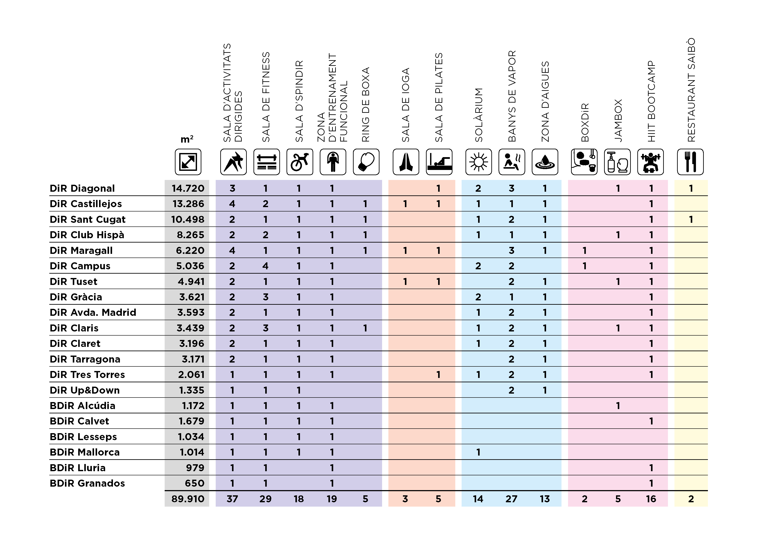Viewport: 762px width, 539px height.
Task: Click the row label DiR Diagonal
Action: pyautogui.click(x=82, y=188)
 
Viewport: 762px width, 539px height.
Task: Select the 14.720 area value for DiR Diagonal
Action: pyautogui.click(x=188, y=188)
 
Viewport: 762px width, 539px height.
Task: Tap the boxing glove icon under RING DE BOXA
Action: pyautogui.click(x=366, y=162)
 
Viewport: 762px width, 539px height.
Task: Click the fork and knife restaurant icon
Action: pyautogui.click(x=690, y=162)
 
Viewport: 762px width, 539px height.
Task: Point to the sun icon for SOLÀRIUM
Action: pyautogui.click(x=479, y=162)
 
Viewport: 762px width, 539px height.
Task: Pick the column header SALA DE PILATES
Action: pyautogui.click(x=439, y=97)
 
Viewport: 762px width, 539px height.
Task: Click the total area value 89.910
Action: pyautogui.click(x=188, y=499)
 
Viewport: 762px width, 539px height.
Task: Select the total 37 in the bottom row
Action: pyautogui.click(x=232, y=499)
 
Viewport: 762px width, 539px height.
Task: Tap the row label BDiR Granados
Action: pyautogui.click(x=87, y=483)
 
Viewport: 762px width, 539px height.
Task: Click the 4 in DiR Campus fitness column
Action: pyautogui.click(x=265, y=266)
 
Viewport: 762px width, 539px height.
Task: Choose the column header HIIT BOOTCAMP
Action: pyautogui.click(x=651, y=101)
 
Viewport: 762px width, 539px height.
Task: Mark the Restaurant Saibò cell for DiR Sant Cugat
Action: pyautogui.click(x=691, y=220)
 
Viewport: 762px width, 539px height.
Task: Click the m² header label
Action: pyautogui.click(x=187, y=139)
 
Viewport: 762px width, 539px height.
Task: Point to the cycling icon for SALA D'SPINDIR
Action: pyautogui.click(x=300, y=162)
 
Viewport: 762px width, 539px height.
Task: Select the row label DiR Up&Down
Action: pyautogui.click(x=85, y=390)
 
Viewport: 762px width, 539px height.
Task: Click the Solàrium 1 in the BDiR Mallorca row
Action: pyautogui.click(x=478, y=452)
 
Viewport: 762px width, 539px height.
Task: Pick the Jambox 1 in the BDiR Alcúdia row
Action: pyautogui.click(x=618, y=406)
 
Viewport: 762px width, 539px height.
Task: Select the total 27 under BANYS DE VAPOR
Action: pyautogui.click(x=511, y=499)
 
